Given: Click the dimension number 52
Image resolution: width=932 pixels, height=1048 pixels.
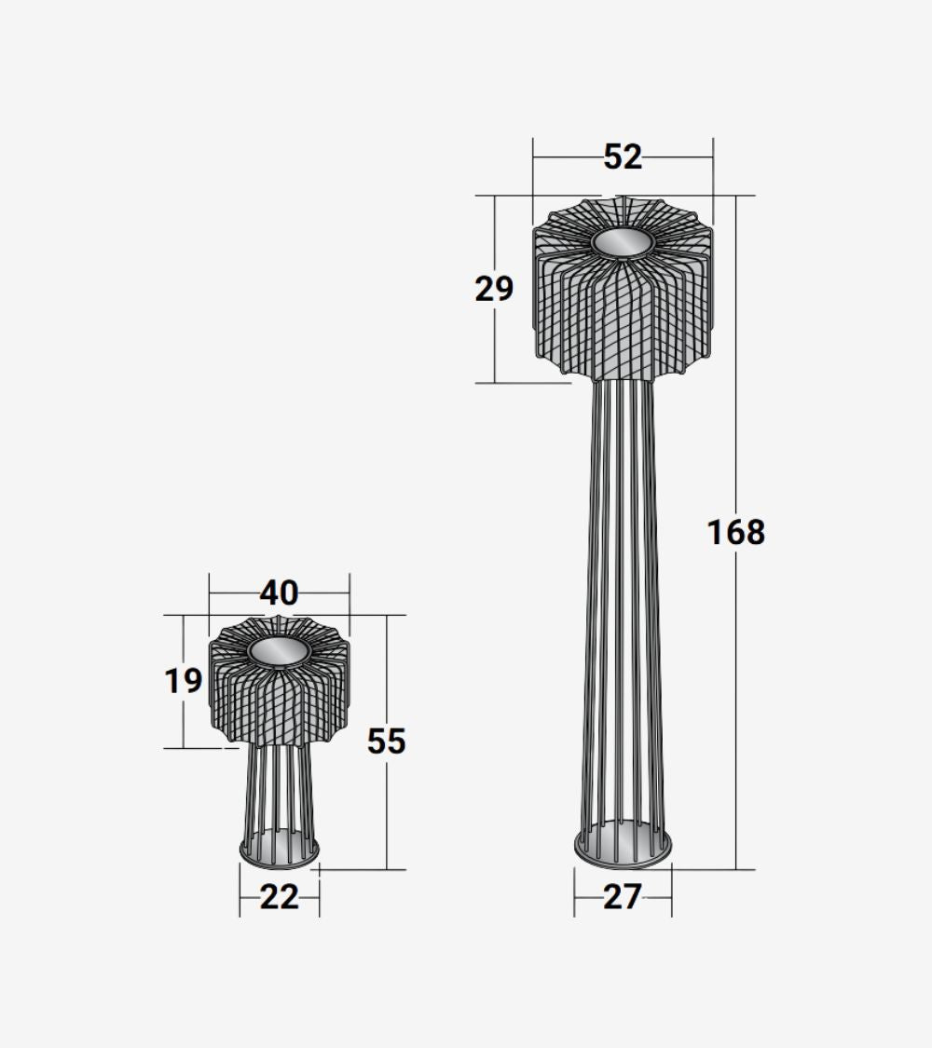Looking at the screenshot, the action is [x=623, y=157].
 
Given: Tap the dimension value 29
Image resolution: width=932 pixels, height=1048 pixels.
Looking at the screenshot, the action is [x=494, y=289].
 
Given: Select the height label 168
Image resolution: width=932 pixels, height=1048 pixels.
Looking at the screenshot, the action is [x=736, y=533].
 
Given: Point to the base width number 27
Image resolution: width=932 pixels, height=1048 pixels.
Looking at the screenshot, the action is [x=623, y=897].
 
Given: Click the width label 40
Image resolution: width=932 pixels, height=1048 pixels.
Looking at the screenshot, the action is [x=279, y=592].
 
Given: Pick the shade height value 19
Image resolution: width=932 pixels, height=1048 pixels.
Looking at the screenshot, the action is [x=184, y=681].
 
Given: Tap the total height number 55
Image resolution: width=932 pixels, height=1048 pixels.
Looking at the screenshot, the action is [x=387, y=742].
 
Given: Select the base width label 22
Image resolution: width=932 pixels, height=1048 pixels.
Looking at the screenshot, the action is [x=279, y=897].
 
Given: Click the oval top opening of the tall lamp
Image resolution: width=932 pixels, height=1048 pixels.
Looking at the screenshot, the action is [x=623, y=243].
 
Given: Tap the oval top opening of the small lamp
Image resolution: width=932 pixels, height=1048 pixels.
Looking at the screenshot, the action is [x=279, y=652].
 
